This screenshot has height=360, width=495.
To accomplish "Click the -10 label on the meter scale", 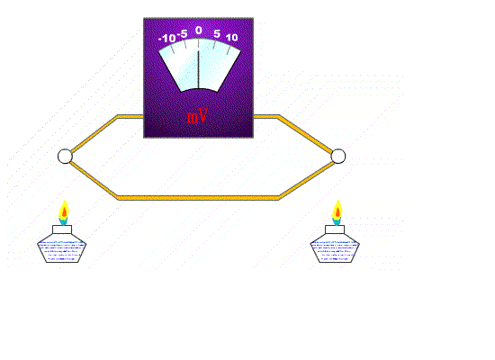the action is click(167, 39).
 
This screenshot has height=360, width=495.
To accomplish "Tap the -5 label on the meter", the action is click(183, 34).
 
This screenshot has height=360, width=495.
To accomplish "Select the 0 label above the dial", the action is click(198, 31).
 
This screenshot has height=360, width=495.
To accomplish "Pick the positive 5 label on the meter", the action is click(217, 33).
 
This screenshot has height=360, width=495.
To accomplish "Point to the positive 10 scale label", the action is click(231, 38).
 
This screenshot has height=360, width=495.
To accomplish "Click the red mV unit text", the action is click(197, 116).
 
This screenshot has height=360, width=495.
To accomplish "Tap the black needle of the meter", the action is click(198, 69).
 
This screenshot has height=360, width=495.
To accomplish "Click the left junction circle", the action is click(65, 157).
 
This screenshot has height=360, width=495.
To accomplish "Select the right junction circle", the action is click(338, 157).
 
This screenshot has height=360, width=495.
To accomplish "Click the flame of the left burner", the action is click(64, 212).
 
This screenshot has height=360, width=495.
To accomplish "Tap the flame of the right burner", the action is click(337, 212).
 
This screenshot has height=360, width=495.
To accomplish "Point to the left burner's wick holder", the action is click(62, 229).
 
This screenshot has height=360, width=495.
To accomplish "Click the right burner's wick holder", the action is click(335, 229).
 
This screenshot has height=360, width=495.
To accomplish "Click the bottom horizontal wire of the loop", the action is click(198, 198).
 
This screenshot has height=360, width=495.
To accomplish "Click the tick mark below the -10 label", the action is click(173, 49).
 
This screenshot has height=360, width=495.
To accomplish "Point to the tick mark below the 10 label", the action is click(228, 50).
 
